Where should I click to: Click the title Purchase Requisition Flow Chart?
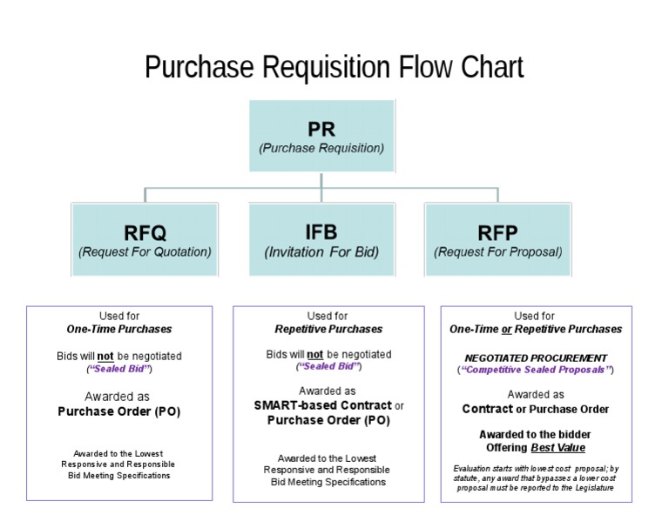(334, 67)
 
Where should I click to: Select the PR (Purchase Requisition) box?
(321, 137)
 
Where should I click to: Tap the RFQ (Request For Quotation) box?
(145, 240)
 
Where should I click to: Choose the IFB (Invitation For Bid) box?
(321, 240)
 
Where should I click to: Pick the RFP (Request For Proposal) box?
(497, 240)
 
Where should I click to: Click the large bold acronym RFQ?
(145, 232)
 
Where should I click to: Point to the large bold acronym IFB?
(321, 232)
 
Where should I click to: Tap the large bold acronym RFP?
(497, 232)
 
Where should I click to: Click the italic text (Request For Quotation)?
(145, 252)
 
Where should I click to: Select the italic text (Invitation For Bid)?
(321, 252)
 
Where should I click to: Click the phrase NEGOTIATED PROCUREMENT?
(536, 358)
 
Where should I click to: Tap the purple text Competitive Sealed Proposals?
(536, 370)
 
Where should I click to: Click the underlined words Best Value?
(557, 448)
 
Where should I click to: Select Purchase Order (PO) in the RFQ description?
(119, 411)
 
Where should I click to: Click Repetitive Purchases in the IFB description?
(328, 330)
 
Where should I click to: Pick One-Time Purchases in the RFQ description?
(119, 330)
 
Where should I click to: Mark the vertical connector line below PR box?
(321, 180)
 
